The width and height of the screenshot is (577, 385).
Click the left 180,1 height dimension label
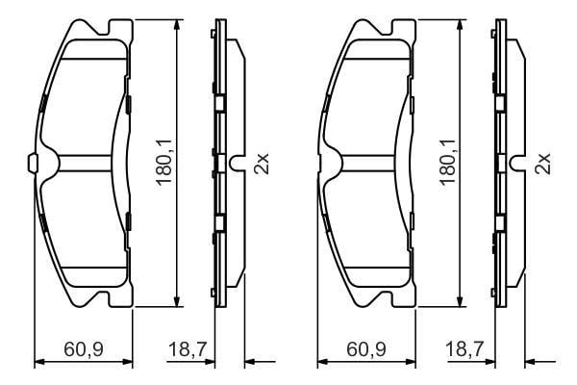pos(163,162)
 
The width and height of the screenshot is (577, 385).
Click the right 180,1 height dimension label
pos(448,162)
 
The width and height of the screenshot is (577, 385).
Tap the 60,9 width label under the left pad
pos(84,348)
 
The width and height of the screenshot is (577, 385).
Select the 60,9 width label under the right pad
pos(366,348)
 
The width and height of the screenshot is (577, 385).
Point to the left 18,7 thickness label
pos(188,348)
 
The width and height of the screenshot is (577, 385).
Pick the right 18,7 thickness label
pos(464,348)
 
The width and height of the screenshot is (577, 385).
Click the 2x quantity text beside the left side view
pos(262,164)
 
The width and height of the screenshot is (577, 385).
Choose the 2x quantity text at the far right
pos(542,164)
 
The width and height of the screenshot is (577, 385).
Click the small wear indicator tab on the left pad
pos(32,163)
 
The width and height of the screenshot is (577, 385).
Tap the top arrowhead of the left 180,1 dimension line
pos(177,25)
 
